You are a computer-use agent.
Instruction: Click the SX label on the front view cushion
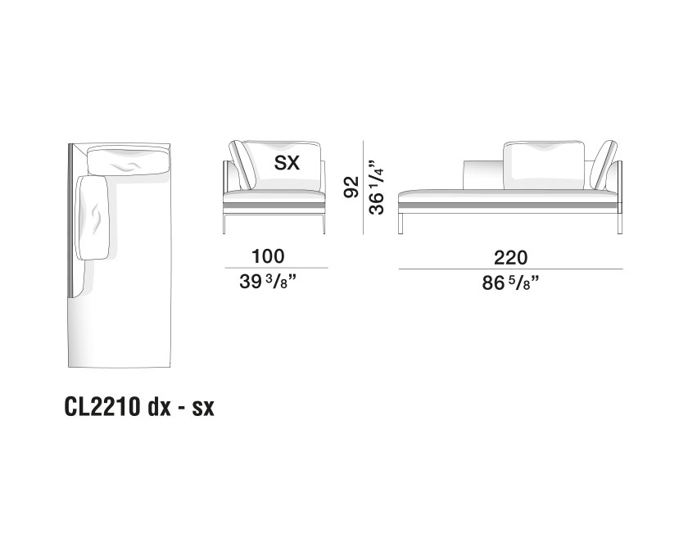click(287, 163)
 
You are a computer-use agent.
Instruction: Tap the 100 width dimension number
click(268, 255)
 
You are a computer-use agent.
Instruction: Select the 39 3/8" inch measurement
click(268, 282)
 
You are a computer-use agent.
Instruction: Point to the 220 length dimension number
click(510, 258)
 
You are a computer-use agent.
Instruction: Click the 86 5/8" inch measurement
click(510, 283)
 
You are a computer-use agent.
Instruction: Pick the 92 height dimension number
click(351, 187)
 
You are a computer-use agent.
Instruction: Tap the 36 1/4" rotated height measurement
click(377, 187)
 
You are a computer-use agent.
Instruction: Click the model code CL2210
click(102, 407)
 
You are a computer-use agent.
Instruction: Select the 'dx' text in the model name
click(159, 407)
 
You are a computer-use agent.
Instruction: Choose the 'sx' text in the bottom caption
click(203, 409)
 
